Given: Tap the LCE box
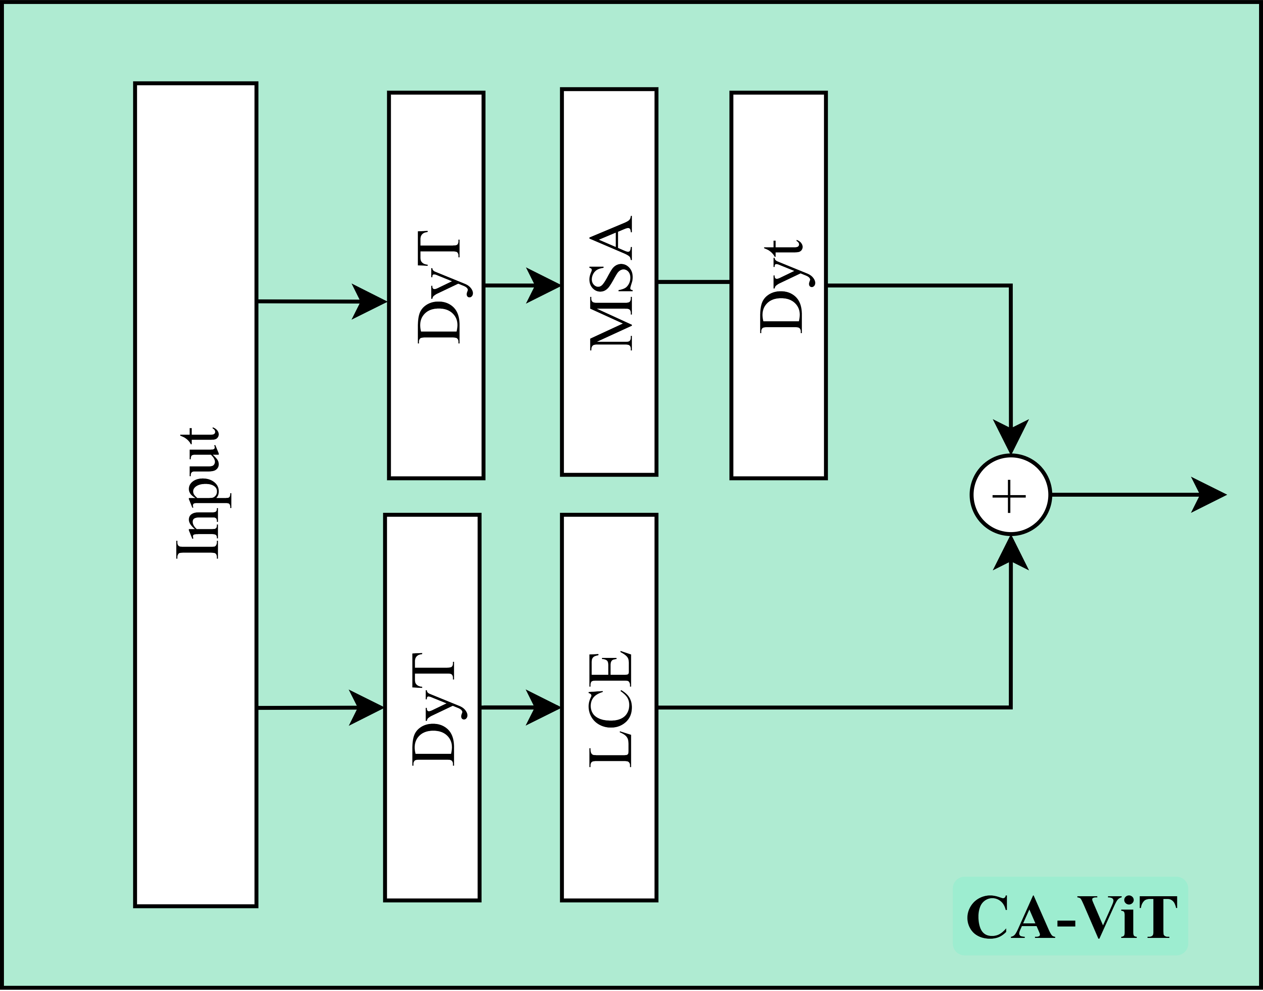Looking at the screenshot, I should point(609,707).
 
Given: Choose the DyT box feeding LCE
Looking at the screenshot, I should point(432,707).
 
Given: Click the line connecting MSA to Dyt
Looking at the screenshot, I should point(694,282).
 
